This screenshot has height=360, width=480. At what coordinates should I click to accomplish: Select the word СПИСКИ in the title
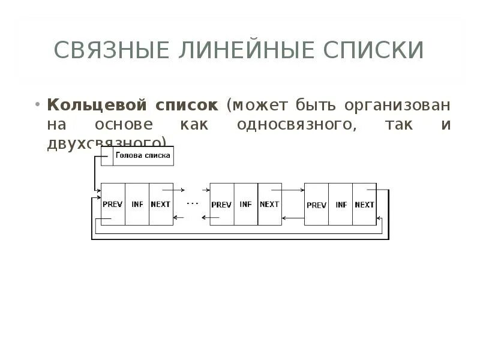(x=371, y=50)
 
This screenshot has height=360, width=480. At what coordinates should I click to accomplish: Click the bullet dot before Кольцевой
(x=38, y=104)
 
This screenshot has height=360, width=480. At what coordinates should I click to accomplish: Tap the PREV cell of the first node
(x=113, y=204)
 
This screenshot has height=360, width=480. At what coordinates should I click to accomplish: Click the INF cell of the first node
(x=137, y=204)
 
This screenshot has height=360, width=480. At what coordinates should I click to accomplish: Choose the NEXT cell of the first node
(x=161, y=204)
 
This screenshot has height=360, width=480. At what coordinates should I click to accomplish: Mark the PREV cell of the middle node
(x=221, y=204)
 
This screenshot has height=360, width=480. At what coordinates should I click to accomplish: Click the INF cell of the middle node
(x=245, y=204)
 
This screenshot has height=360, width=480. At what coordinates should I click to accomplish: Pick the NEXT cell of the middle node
(x=269, y=204)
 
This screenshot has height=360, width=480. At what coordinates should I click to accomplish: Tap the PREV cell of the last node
(x=316, y=204)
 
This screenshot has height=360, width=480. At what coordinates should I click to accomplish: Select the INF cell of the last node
(x=341, y=204)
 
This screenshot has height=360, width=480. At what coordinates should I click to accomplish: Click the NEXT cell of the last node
(x=365, y=204)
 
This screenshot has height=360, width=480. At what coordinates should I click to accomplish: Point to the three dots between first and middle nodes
(x=192, y=203)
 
